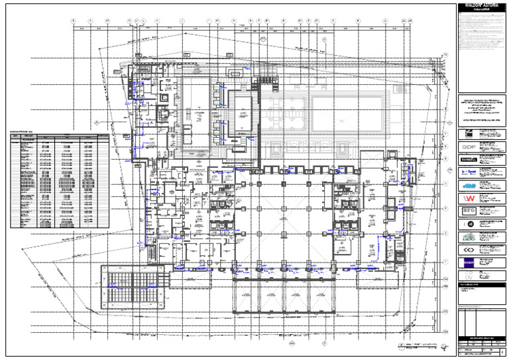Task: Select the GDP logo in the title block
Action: [x=468, y=146]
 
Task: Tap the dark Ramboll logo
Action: [x=468, y=160]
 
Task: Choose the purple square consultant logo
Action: [x=468, y=263]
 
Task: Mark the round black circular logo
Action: [x=468, y=224]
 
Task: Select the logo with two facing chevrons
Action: [x=468, y=250]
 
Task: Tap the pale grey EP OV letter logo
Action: [x=468, y=275]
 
